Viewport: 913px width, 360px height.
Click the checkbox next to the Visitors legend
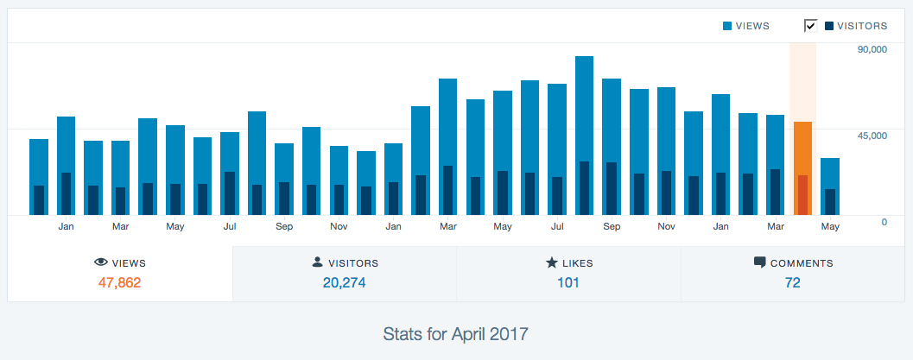[x=810, y=25]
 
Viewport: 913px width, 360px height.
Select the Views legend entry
[x=746, y=26]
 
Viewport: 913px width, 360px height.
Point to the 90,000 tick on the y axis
[x=872, y=49]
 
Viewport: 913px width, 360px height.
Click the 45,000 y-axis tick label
[x=872, y=136]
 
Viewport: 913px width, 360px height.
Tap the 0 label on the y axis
[x=884, y=222]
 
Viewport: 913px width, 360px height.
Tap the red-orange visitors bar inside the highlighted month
[x=802, y=195]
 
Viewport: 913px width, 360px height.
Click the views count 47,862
[x=119, y=282]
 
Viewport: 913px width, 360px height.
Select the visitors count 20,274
[x=344, y=282]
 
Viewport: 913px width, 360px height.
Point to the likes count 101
[x=567, y=282]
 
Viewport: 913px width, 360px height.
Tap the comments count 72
[x=792, y=282]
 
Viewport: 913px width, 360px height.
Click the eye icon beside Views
[x=100, y=262]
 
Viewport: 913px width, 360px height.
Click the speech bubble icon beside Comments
[x=759, y=262]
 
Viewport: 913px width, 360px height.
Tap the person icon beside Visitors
[x=317, y=262]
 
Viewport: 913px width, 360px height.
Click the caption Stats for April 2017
[x=456, y=332]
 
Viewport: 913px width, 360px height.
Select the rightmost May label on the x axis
[x=830, y=227]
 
